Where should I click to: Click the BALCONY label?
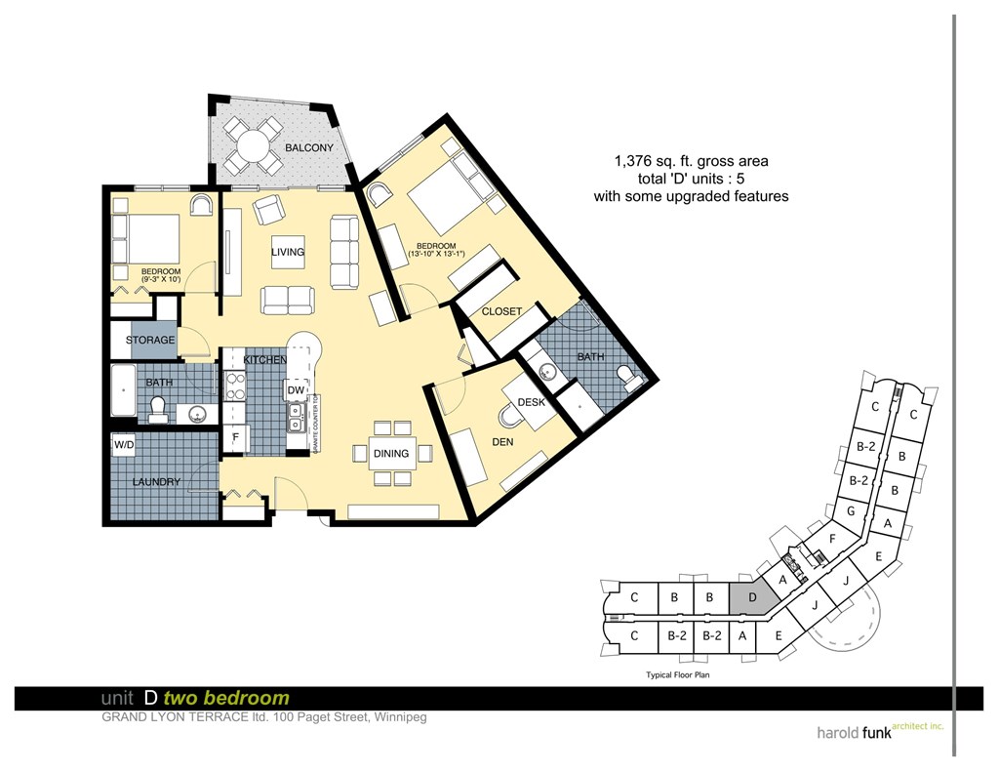tap(308, 148)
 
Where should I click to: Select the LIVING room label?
tap(288, 253)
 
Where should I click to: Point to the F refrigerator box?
tap(235, 438)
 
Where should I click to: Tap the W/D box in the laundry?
tap(124, 446)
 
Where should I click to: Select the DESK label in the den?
tap(531, 402)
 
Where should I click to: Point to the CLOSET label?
tap(501, 312)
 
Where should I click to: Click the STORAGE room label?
tap(150, 341)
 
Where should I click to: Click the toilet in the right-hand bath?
tap(625, 376)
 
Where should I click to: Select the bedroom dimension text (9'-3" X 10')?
tap(161, 280)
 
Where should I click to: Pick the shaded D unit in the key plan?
tap(751, 596)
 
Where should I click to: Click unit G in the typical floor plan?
tap(851, 511)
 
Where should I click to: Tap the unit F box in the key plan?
tap(832, 538)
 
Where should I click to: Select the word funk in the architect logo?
tap(871, 730)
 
